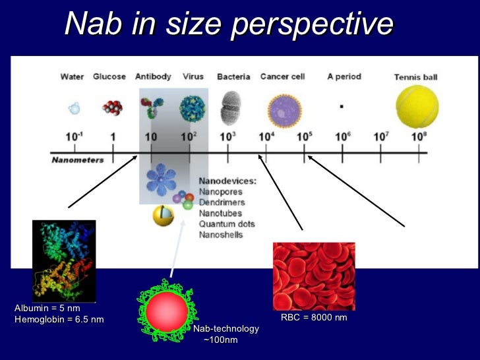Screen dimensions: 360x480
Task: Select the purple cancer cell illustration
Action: (x=284, y=109)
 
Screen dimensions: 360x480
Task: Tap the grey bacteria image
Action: (x=231, y=107)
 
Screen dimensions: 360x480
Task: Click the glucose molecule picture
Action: (x=111, y=107)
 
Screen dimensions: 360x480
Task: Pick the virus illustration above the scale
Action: (x=192, y=107)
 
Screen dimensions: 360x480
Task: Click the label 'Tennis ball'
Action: (x=415, y=77)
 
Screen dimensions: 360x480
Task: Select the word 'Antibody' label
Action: (x=153, y=76)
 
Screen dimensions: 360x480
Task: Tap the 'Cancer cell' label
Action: (x=282, y=76)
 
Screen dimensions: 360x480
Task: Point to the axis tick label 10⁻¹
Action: (x=75, y=136)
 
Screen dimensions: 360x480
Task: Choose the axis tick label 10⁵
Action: (x=304, y=136)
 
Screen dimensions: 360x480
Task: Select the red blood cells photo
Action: (x=314, y=276)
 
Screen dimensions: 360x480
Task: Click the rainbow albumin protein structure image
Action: (x=64, y=260)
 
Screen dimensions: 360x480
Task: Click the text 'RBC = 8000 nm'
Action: (x=314, y=318)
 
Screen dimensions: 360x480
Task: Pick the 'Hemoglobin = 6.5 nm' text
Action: (x=59, y=320)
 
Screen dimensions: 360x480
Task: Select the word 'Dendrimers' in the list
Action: (x=222, y=202)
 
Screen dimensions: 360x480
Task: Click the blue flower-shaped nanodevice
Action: (x=160, y=179)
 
